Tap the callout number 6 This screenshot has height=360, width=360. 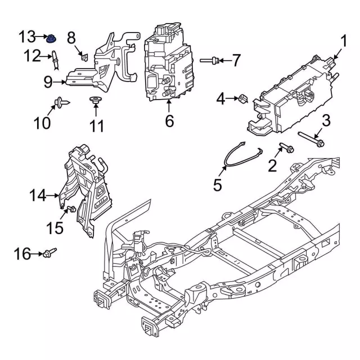(169, 120)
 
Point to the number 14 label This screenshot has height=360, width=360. (38, 196)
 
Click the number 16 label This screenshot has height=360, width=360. (22, 255)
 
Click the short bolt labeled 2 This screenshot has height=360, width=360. (286, 150)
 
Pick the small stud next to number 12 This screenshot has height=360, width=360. (55, 57)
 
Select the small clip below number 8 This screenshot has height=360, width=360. (83, 56)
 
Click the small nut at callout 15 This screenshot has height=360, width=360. (71, 210)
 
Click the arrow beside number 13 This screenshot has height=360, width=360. (41, 38)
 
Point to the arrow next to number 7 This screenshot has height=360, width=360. (222, 60)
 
